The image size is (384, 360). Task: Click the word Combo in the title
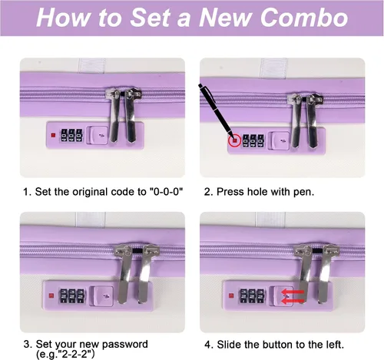304,18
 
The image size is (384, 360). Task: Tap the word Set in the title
149,18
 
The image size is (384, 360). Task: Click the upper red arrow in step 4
293,292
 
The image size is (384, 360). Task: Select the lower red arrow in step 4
293,301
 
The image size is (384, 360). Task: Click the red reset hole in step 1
53,135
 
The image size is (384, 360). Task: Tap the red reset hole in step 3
51,296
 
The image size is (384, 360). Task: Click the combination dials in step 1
71,135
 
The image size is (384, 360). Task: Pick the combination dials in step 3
72,296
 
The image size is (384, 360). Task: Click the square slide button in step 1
98,135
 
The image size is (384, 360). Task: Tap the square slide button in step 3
104,296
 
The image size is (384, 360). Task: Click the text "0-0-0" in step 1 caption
166,192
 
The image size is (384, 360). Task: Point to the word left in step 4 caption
335,345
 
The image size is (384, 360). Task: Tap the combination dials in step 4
252,296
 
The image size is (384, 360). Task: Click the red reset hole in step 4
231,296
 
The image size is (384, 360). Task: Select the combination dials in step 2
253,140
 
